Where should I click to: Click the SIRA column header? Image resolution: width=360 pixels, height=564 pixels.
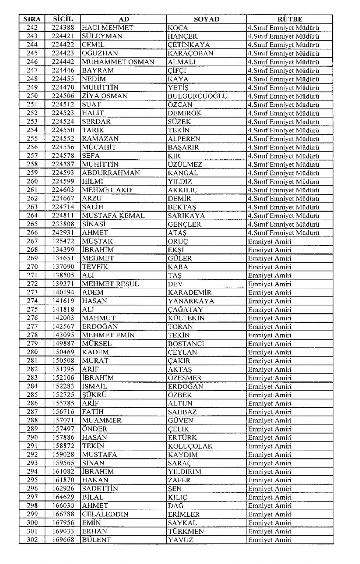[32, 19]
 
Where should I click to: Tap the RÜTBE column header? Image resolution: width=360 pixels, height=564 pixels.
[289, 19]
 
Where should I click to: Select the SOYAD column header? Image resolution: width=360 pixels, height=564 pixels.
[206, 19]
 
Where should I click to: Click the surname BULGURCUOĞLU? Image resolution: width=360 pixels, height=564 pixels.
[198, 96]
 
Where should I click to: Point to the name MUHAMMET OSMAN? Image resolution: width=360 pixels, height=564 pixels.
[118, 62]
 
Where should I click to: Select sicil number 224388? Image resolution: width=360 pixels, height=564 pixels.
[63, 28]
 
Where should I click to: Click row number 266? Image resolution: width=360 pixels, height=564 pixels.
[32, 233]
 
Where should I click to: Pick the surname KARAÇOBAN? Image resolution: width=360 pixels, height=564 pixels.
[190, 53]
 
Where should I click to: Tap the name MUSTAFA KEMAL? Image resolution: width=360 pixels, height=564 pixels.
[113, 215]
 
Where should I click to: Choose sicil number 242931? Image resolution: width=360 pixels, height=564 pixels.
[63, 233]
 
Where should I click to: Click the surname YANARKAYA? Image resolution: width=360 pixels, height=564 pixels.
[191, 301]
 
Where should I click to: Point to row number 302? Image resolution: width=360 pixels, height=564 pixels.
[32, 540]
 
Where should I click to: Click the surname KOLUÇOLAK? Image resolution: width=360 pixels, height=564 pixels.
[190, 446]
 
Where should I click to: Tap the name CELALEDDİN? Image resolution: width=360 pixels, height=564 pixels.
[105, 514]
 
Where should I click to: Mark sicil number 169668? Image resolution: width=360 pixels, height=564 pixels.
[63, 540]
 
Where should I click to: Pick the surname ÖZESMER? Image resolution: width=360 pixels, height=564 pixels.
[184, 378]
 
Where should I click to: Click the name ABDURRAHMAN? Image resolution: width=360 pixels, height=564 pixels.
[111, 173]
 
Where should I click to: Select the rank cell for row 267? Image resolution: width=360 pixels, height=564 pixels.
[270, 241]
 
